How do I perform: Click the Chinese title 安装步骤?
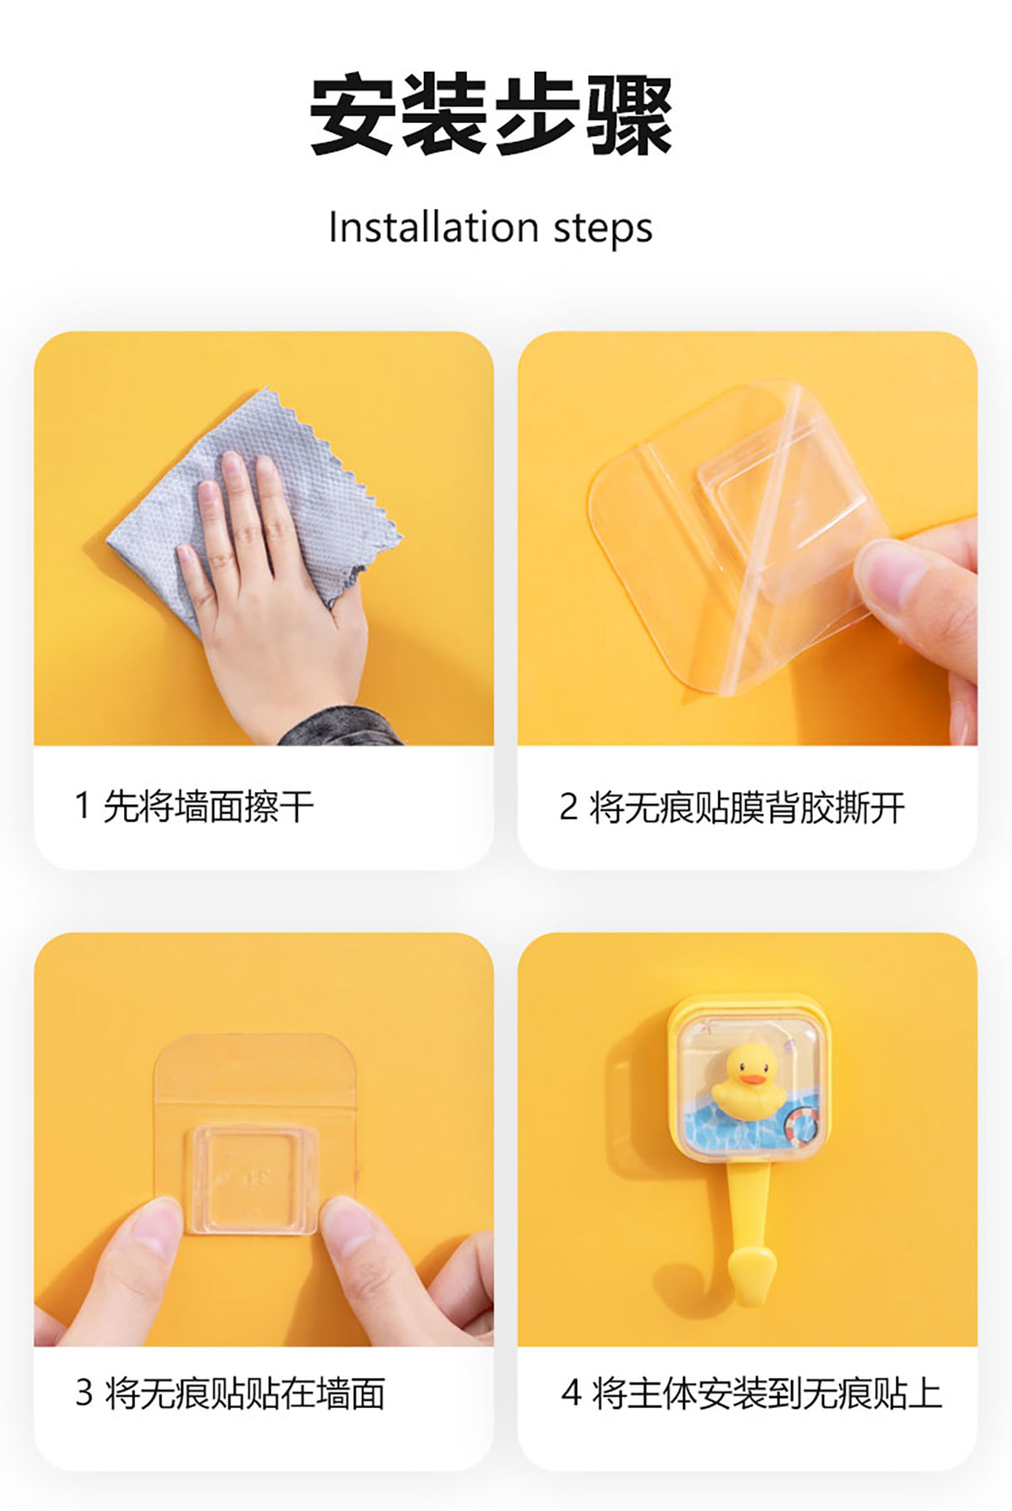[491, 115]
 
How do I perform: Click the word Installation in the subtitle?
[433, 227]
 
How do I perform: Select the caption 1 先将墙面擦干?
[194, 807]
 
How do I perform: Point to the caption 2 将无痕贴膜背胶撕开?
[732, 807]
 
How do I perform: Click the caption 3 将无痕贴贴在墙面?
[230, 1393]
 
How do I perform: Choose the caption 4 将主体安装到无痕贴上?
[751, 1393]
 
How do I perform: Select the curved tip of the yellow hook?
[752, 1275]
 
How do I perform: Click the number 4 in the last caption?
[572, 1393]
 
